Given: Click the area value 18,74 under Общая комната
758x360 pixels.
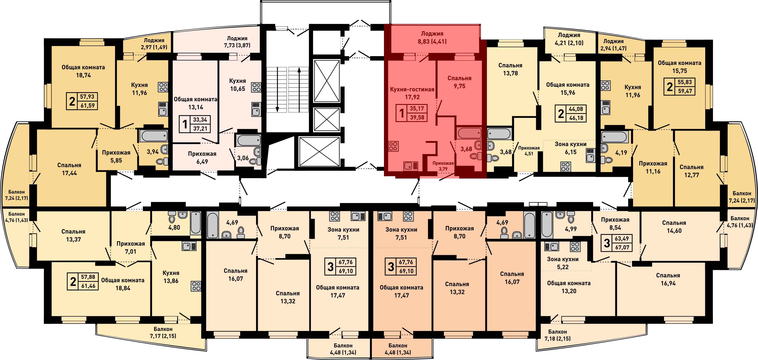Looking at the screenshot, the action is [x=83, y=75].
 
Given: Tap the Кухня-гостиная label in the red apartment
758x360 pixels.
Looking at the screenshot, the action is [x=412, y=89].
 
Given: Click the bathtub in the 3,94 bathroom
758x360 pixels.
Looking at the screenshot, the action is [x=154, y=136].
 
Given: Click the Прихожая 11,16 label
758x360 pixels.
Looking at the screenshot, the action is [x=653, y=167].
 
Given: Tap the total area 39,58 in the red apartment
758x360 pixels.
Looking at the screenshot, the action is [x=417, y=117].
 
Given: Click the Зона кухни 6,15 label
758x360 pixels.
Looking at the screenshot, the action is [x=570, y=148].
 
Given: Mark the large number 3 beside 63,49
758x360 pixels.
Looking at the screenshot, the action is [x=607, y=243].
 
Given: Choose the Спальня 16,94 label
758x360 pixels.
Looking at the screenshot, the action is [x=668, y=279].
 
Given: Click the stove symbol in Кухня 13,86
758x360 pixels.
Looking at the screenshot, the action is [x=196, y=286].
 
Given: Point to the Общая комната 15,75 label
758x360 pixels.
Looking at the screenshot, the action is [x=680, y=67].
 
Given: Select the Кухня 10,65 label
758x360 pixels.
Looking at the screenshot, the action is [x=237, y=85].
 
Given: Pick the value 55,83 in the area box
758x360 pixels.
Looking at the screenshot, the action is [x=685, y=82].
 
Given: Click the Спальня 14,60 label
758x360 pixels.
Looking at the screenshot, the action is [x=674, y=227].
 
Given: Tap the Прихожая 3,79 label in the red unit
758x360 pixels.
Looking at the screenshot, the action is [x=443, y=166].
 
